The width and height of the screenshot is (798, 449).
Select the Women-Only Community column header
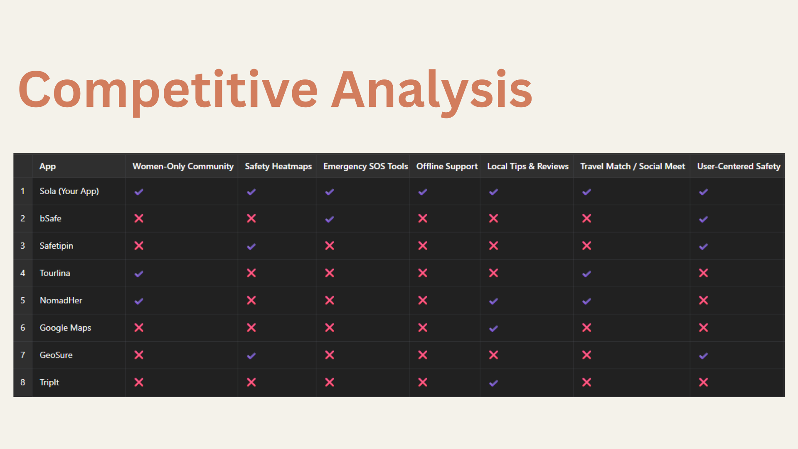click(183, 166)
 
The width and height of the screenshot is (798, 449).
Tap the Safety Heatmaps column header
click(278, 166)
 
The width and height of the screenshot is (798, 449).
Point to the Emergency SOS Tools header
click(366, 166)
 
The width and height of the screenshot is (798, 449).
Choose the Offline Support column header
click(447, 166)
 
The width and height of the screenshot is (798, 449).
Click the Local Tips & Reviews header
click(528, 166)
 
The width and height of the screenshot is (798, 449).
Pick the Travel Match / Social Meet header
click(633, 166)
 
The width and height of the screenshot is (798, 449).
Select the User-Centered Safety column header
click(739, 166)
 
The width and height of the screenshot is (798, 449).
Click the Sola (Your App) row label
click(69, 191)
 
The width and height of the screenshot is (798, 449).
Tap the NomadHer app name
click(61, 300)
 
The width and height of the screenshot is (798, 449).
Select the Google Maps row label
click(65, 328)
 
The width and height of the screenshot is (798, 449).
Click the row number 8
click(23, 382)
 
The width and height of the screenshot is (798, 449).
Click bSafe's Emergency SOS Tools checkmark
click(330, 219)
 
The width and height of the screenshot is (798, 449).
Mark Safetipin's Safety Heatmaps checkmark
click(251, 247)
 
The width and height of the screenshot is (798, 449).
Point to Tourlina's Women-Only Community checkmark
click(139, 274)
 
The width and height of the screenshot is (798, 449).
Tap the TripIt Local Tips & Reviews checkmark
click(493, 383)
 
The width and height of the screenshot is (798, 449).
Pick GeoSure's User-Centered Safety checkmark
click(703, 356)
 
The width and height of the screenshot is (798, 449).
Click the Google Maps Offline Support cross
click(423, 328)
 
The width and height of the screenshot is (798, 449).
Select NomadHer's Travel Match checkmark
click(586, 301)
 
